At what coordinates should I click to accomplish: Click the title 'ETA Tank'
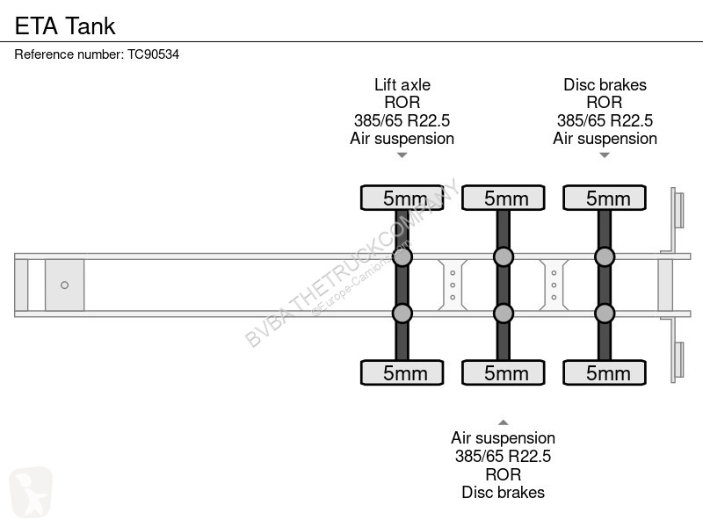pos(65,25)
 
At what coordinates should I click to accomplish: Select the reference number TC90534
pos(153,54)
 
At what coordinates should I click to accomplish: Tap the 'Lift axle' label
pos(402,84)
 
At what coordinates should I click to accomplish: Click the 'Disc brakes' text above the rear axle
pos(605,84)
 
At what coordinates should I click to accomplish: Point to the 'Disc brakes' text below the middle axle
pos(503,492)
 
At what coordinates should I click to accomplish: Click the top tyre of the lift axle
pos(402,198)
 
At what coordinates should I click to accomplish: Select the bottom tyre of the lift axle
pos(402,372)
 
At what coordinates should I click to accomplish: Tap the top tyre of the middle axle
pos(504,198)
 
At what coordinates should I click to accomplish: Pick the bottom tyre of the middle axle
pos(504,372)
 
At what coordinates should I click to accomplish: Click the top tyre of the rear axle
pos(605,198)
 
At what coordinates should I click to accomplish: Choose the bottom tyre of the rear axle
pos(605,372)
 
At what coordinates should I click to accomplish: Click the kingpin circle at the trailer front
pos(64,285)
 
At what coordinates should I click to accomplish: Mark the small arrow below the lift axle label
pos(402,155)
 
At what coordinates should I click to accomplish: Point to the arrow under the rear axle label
pos(605,155)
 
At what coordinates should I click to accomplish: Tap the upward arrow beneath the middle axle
pos(504,422)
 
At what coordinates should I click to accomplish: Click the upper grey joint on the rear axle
pos(605,256)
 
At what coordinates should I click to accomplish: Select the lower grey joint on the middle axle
pos(504,314)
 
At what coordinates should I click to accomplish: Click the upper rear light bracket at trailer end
pos(678,210)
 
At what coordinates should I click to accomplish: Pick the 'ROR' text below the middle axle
pos(503,474)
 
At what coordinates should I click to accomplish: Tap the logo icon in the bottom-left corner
pos(31,492)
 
